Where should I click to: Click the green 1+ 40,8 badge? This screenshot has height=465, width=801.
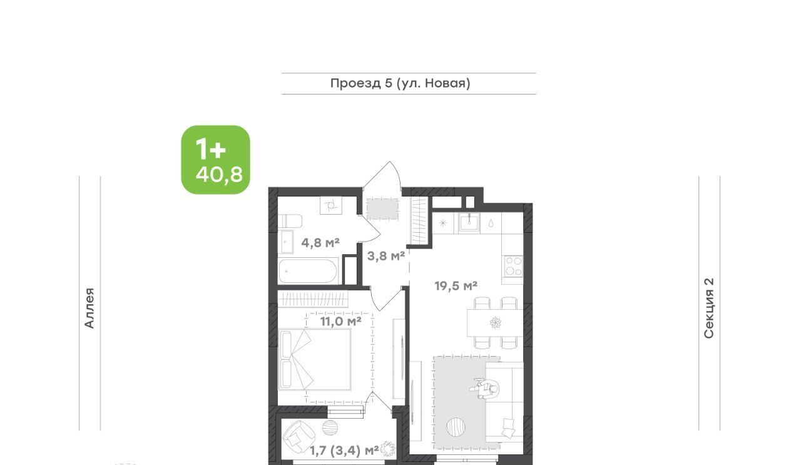pyautogui.click(x=216, y=160)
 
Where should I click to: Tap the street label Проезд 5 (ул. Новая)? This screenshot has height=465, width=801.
pyautogui.click(x=400, y=83)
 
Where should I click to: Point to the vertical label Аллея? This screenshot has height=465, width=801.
pyautogui.click(x=89, y=308)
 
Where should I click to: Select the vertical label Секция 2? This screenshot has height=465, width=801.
pyautogui.click(x=708, y=308)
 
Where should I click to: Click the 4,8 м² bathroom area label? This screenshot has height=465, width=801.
pyautogui.click(x=320, y=243)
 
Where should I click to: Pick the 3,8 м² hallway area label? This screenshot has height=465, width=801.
pyautogui.click(x=386, y=256)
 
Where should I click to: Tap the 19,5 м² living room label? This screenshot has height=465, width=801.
pyautogui.click(x=456, y=286)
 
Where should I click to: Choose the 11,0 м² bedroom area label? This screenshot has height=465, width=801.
pyautogui.click(x=340, y=322)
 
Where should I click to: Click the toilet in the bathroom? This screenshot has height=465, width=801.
pyautogui.click(x=290, y=221)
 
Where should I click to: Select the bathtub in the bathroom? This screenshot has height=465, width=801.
pyautogui.click(x=308, y=271)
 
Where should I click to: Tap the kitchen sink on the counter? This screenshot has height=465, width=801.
pyautogui.click(x=469, y=223)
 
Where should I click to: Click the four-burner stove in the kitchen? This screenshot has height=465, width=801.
pyautogui.click(x=514, y=266)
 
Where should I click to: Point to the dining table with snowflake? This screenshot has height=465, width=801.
pyautogui.click(x=495, y=323)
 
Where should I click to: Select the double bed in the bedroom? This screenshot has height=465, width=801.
pyautogui.click(x=315, y=359)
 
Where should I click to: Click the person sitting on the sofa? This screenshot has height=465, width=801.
pyautogui.click(x=486, y=389)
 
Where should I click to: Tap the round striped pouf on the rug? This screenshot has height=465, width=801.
pyautogui.click(x=456, y=427)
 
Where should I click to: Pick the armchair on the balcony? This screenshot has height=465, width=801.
pyautogui.click(x=299, y=437)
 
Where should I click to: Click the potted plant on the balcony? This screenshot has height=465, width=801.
pyautogui.click(x=387, y=449)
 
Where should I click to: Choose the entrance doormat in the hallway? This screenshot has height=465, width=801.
pyautogui.click(x=382, y=209)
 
